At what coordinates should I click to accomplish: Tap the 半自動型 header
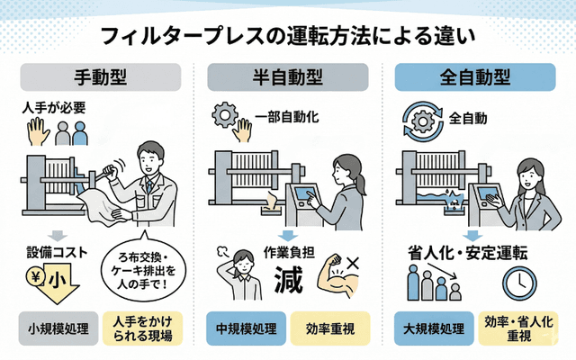pyautogui.click(x=287, y=78)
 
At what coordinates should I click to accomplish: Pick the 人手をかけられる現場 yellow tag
pyautogui.click(x=143, y=328)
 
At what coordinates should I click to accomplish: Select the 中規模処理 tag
pyautogui.click(x=244, y=328)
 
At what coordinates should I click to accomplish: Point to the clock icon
pyautogui.click(x=518, y=282)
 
